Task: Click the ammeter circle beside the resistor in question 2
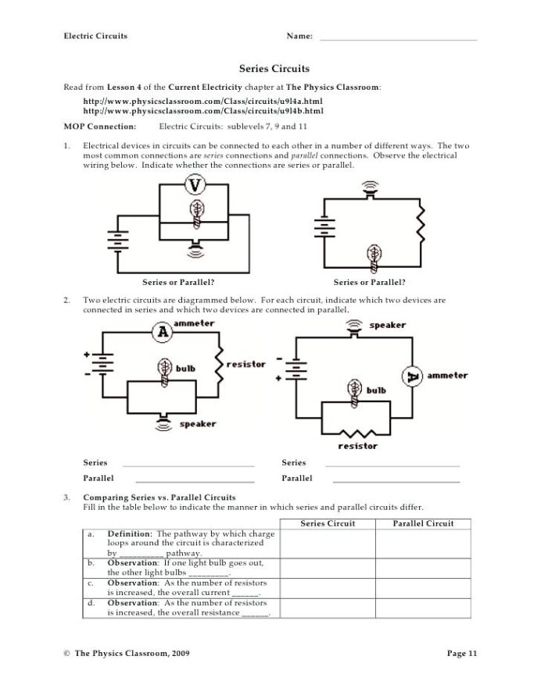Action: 163,332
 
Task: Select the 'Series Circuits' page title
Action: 270,69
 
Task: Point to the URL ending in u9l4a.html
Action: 202,102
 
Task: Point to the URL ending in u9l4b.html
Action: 202,111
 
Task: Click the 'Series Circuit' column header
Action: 328,523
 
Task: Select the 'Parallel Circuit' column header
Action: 423,523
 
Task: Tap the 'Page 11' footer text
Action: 462,653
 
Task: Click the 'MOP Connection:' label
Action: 99,125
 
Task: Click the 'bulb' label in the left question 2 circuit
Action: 185,369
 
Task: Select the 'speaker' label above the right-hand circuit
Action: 386,325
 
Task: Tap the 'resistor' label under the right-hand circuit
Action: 357,446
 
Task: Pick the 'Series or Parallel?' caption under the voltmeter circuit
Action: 179,282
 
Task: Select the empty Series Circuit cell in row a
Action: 328,543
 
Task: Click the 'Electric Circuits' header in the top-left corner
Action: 95,36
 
